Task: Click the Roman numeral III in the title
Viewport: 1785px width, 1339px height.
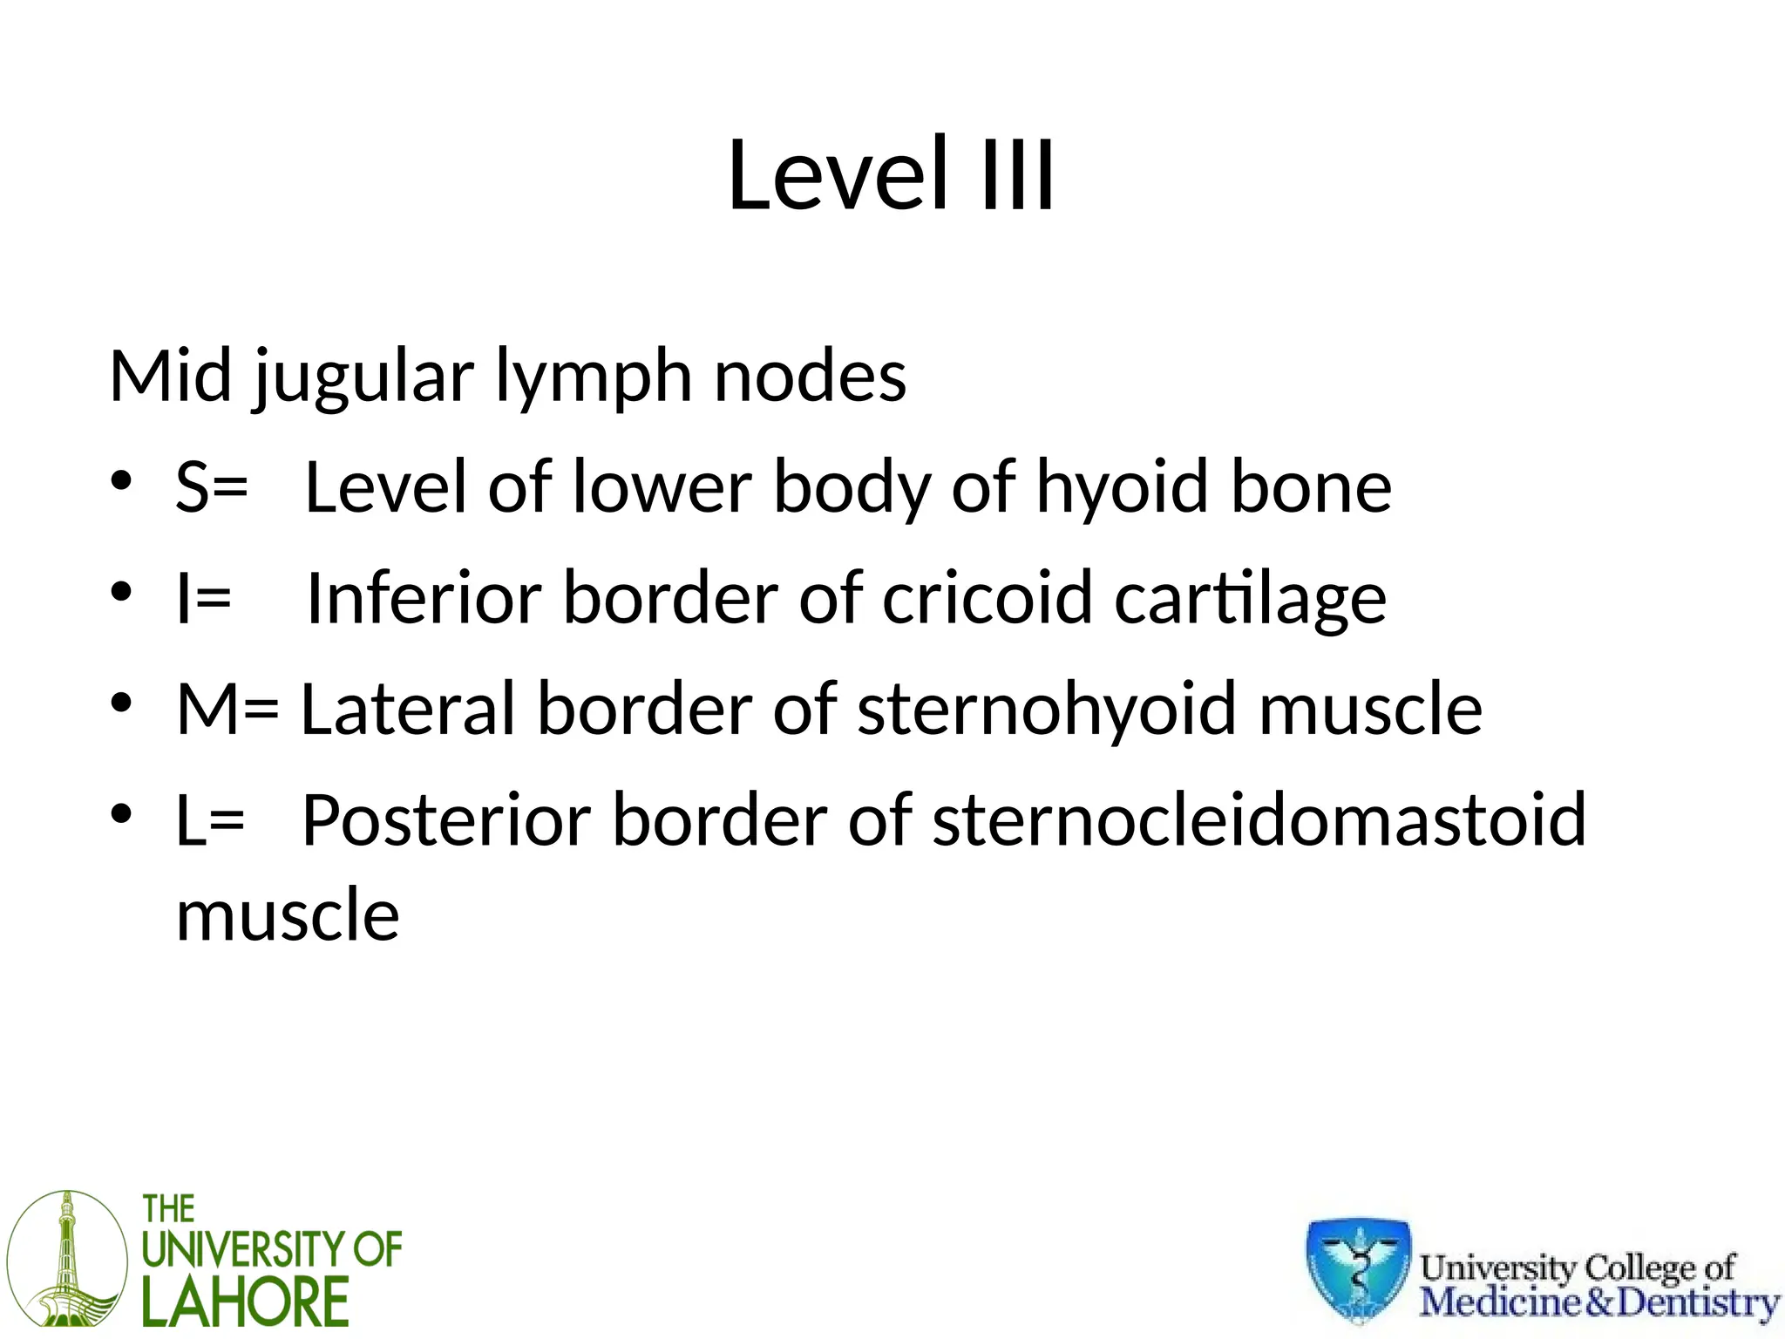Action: coord(1017,177)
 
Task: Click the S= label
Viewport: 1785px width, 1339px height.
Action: coord(212,486)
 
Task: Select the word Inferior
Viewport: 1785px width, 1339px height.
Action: coord(424,598)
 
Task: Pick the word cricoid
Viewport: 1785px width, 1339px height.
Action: coord(987,598)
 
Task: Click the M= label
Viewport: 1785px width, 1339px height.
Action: coord(227,709)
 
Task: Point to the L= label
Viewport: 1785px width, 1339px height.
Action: coord(210,820)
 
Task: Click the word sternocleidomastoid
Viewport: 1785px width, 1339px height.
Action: coord(1259,820)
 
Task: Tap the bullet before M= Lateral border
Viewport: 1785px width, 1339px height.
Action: coord(121,703)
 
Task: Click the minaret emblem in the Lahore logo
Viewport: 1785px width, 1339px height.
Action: coord(67,1259)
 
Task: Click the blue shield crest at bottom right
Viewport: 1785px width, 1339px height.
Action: coord(1358,1269)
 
